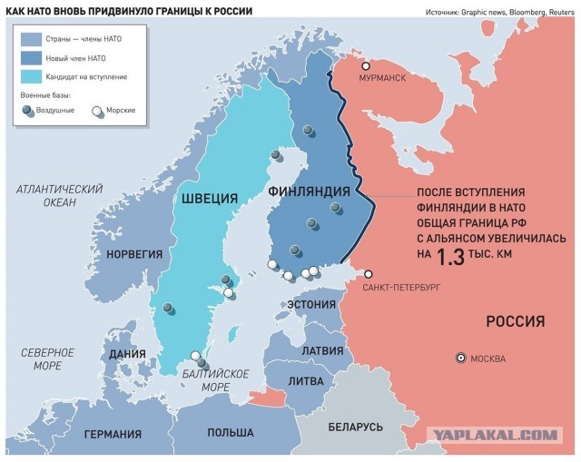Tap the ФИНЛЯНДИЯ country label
[x=310, y=192]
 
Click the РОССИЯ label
[x=515, y=321]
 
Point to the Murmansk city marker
[x=367, y=66]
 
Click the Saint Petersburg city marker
[x=369, y=274]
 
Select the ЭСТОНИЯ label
[x=311, y=304]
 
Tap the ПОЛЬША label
[x=230, y=433]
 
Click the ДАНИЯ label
[x=127, y=355]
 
